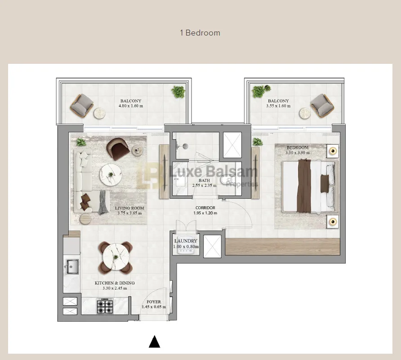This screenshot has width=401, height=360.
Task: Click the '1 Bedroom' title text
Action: click(200, 33)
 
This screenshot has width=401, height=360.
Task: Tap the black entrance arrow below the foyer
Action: click(155, 342)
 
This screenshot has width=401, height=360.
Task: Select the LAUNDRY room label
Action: click(186, 241)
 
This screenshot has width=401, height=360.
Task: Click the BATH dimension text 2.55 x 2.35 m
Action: click(204, 185)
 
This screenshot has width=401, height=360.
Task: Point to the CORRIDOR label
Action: click(205, 208)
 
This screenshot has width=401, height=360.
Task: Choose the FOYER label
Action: click(153, 302)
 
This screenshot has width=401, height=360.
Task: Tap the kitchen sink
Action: click(71, 266)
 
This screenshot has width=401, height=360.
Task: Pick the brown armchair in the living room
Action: click(118, 148)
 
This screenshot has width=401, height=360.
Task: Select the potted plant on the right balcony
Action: click(258, 91)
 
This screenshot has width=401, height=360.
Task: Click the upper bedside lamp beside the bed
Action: click(332, 151)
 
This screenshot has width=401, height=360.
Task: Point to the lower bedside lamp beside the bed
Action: click(332, 222)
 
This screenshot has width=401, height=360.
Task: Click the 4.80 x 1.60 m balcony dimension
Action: click(130, 106)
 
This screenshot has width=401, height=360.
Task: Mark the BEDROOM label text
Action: click(298, 147)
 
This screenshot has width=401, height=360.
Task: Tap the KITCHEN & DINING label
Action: click(114, 283)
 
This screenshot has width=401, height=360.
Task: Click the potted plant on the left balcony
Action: click(178, 92)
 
